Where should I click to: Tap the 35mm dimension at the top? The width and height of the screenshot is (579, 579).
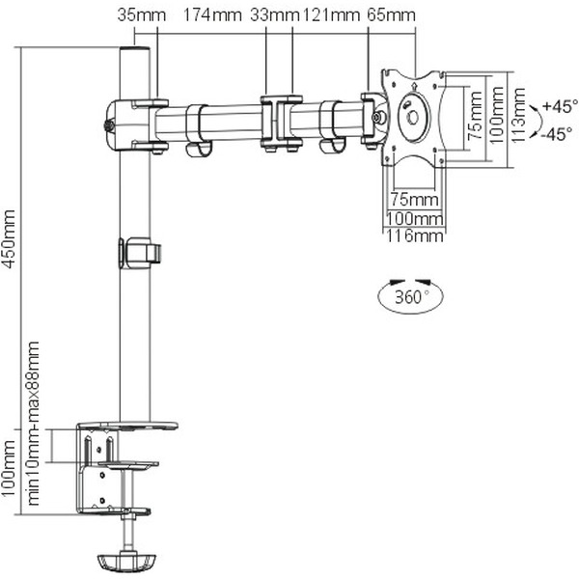tap(135, 15)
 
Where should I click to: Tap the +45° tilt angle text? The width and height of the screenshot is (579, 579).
tap(559, 105)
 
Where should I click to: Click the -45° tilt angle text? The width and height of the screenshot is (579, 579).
tap(557, 134)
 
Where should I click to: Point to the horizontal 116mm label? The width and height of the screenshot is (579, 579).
tap(414, 234)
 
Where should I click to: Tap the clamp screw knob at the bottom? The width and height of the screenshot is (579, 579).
tap(126, 560)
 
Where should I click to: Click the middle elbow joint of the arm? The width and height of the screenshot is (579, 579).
tap(279, 121)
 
